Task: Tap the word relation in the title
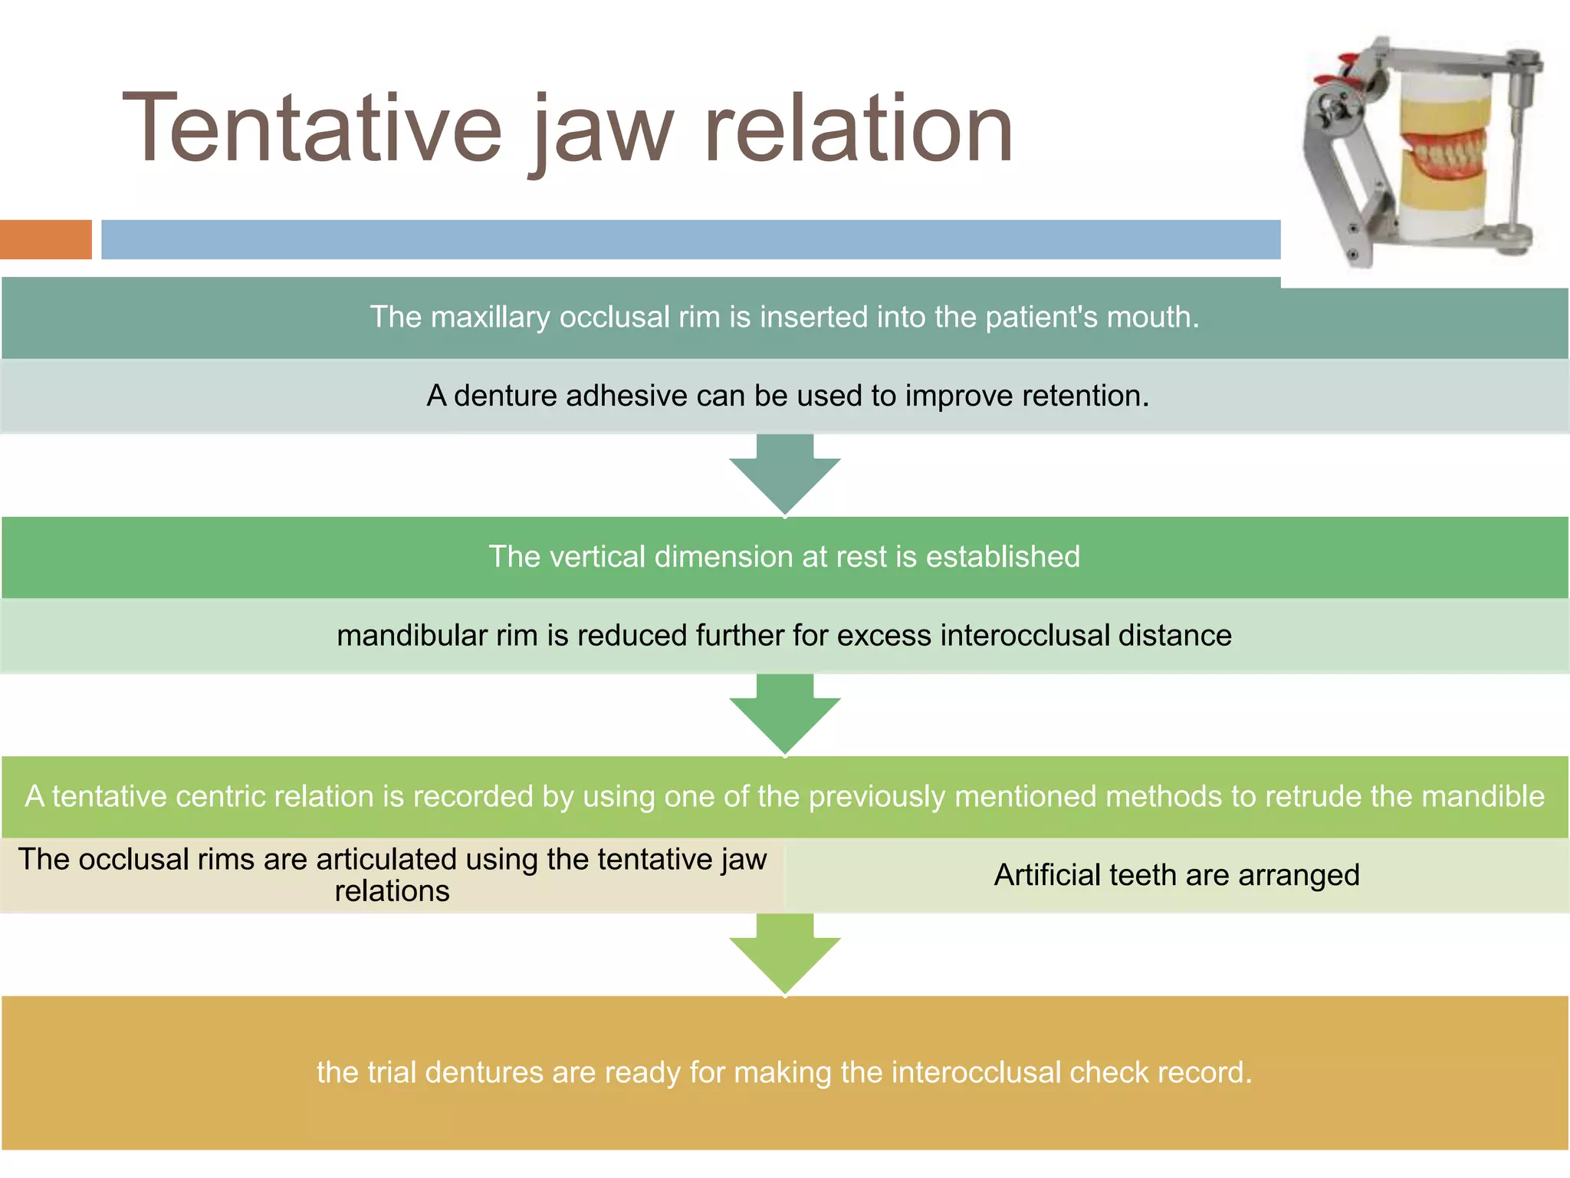click(859, 129)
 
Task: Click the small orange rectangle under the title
click(45, 239)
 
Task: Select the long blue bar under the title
click(690, 239)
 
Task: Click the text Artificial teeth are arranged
click(1176, 875)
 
